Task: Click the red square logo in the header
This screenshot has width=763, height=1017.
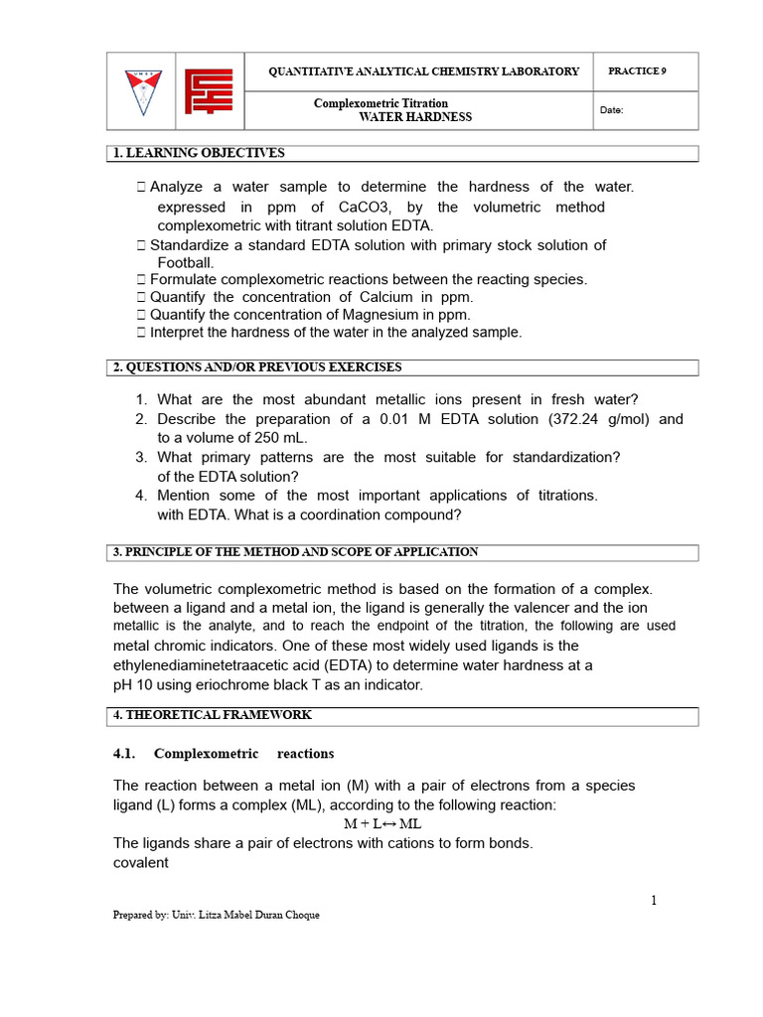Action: pos(210,90)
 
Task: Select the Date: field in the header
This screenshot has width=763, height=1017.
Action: pos(611,110)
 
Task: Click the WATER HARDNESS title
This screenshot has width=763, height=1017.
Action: pos(415,117)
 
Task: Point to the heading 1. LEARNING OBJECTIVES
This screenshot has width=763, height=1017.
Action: pos(199,153)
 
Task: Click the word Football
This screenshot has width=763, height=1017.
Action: pos(186,263)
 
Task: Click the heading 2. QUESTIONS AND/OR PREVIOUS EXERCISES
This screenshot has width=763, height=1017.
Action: pos(257,367)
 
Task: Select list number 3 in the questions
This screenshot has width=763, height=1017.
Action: pos(141,457)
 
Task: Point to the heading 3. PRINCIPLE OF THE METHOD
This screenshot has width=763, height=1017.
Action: pos(295,552)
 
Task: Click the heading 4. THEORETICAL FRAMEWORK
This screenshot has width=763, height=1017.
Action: pos(212,715)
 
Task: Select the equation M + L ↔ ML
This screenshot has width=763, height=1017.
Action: pos(382,824)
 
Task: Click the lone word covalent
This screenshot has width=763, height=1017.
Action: pos(141,863)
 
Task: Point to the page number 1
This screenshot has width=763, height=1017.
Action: pos(654,901)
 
